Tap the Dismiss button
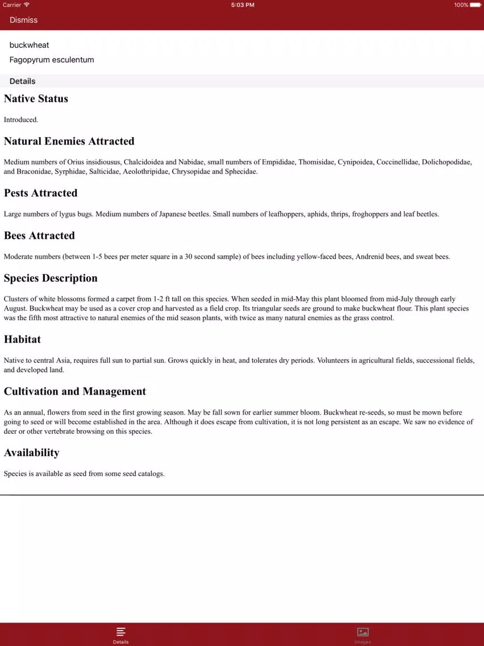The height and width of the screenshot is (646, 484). click(23, 20)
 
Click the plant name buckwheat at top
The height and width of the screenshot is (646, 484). click(29, 45)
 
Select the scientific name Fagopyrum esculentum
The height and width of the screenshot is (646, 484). click(52, 60)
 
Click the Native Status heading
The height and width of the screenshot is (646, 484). click(36, 99)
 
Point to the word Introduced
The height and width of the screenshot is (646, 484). click(20, 120)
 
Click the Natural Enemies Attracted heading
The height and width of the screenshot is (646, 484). click(69, 142)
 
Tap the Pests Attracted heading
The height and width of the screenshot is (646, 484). click(40, 193)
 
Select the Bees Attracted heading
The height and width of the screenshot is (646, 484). click(39, 236)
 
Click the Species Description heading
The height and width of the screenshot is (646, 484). click(51, 279)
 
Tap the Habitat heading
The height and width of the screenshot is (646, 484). click(22, 339)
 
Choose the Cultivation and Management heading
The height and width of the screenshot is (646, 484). click(75, 392)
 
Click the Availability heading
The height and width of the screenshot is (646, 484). click(31, 453)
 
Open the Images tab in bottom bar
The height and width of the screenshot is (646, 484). click(363, 634)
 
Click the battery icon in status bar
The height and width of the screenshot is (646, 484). click(475, 5)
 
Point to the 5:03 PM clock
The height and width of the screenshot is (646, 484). click(243, 5)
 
